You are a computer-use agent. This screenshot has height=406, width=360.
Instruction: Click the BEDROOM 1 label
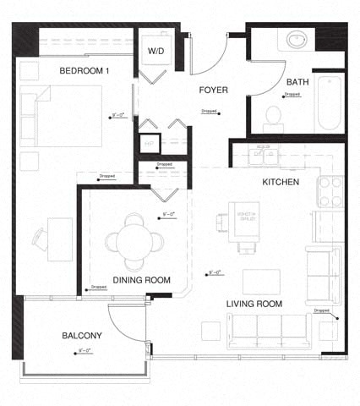point(84,71)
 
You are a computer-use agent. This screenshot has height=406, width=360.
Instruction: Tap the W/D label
point(156,52)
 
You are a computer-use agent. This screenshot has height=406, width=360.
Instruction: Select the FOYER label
point(215,89)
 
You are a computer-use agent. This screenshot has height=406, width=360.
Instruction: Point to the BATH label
point(297,81)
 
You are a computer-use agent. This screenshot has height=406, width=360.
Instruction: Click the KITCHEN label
point(281,182)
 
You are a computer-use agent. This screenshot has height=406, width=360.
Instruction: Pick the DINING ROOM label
point(141,280)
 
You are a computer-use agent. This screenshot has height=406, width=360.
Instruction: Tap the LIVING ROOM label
point(254,303)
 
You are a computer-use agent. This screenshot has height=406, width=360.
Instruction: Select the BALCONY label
point(83,336)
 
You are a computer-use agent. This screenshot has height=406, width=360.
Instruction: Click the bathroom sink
point(298,40)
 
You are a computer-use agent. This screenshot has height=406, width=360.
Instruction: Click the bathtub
point(329,103)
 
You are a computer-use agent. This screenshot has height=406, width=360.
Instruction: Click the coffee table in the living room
point(261,280)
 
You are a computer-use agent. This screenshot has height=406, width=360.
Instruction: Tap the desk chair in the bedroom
point(39,238)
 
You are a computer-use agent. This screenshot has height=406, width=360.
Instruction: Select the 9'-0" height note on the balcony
point(85,349)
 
